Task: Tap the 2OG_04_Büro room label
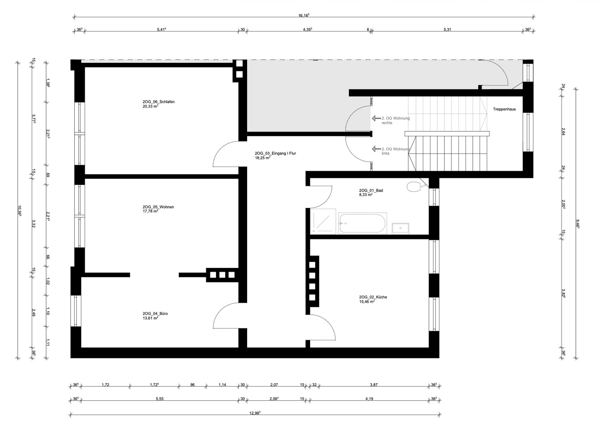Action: coord(155,314)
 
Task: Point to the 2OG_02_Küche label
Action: coord(373,297)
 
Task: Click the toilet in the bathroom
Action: coord(413,186)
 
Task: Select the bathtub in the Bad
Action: coord(362,223)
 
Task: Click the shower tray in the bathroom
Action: coord(323,220)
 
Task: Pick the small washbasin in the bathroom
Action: coord(400,228)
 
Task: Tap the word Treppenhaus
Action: coord(504,109)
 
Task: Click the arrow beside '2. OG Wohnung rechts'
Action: coord(375,118)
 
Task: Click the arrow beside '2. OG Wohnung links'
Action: coord(375,149)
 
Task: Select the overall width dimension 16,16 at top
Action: coord(304,15)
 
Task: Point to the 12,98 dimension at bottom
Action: coord(254,412)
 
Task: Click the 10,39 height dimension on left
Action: coord(19,210)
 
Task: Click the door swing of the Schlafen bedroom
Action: coord(225,155)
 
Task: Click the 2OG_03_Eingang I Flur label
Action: coord(275,153)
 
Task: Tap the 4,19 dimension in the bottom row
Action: coord(369,398)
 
